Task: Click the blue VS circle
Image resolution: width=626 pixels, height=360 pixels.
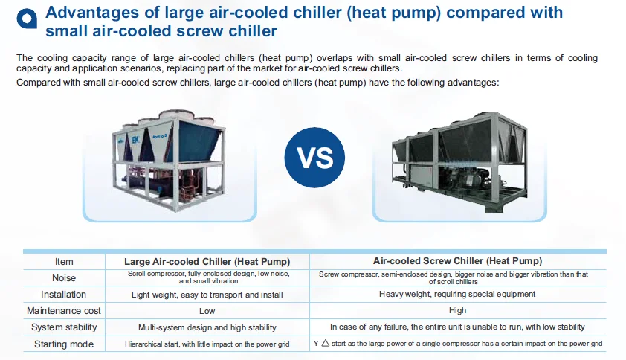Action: (314, 158)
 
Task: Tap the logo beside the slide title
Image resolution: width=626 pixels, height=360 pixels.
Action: (27, 19)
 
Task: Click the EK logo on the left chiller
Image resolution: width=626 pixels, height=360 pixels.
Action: (135, 140)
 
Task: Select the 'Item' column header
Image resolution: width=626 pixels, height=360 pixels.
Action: (64, 262)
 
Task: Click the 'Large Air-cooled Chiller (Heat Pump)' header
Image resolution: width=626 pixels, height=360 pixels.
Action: (207, 262)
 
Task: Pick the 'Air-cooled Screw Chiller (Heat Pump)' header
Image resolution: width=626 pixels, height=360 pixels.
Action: (457, 261)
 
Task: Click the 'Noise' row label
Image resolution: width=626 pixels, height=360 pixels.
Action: (64, 277)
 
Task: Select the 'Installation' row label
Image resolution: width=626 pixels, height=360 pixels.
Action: (63, 295)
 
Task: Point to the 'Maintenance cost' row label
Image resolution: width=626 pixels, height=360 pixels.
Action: (64, 310)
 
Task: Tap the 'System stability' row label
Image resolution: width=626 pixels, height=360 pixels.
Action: (64, 327)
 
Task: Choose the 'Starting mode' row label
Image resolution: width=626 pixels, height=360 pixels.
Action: (64, 344)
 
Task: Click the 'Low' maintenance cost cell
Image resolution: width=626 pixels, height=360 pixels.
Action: (207, 311)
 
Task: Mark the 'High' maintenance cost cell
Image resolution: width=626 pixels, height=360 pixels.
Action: (457, 310)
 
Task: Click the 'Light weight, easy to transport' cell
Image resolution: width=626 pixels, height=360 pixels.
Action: (207, 295)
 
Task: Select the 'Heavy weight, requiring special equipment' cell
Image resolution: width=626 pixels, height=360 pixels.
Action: (457, 294)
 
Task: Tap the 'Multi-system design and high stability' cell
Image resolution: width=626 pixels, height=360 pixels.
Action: (207, 327)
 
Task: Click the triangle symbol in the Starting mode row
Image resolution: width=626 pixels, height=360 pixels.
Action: (326, 343)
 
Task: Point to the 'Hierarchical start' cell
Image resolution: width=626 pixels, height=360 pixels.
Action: (207, 344)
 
